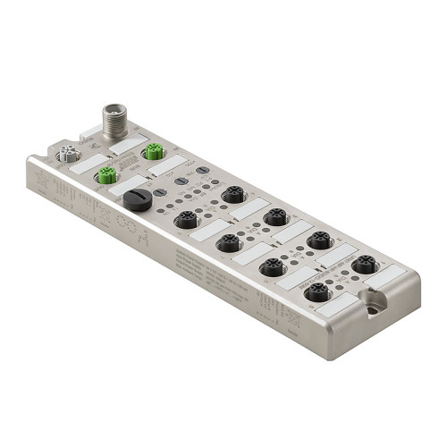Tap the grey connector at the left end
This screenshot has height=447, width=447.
coord(66,156)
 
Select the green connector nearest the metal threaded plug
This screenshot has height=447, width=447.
coord(153,151)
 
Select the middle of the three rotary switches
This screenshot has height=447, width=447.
coord(181,180)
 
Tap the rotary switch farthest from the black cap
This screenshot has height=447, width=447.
coord(203,169)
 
